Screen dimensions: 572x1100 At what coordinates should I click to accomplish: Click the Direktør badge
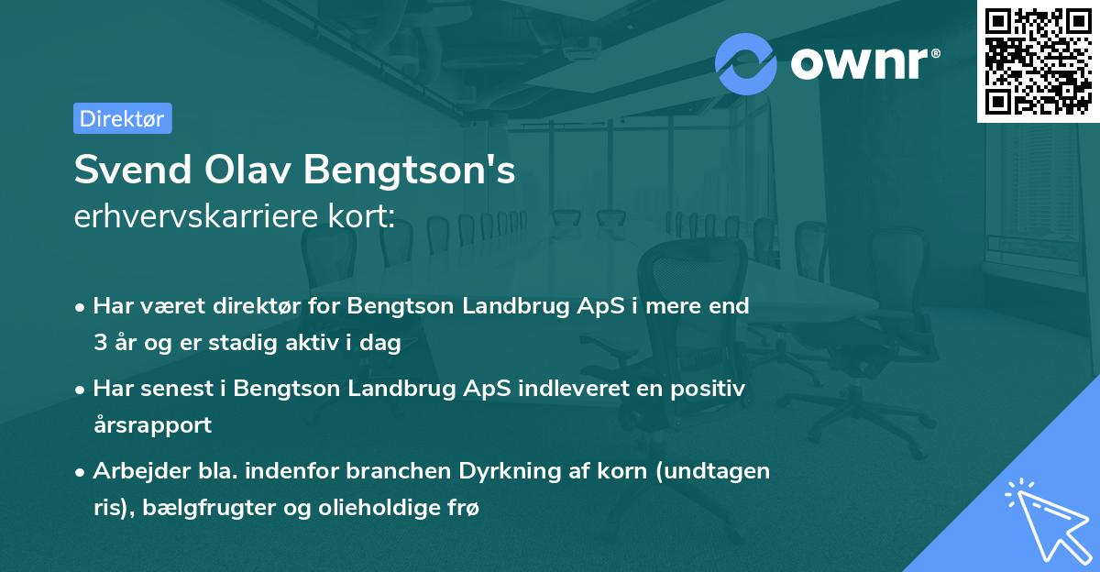pos(122,118)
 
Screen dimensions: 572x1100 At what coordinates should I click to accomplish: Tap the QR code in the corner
pos(1039,60)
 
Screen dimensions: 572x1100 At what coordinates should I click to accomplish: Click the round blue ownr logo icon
pos(746,63)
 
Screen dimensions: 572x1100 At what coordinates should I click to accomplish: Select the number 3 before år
pos(99,343)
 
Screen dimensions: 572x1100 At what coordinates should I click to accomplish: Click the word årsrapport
pos(152,424)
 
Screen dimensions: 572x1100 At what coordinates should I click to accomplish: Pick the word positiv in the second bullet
pos(709,389)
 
